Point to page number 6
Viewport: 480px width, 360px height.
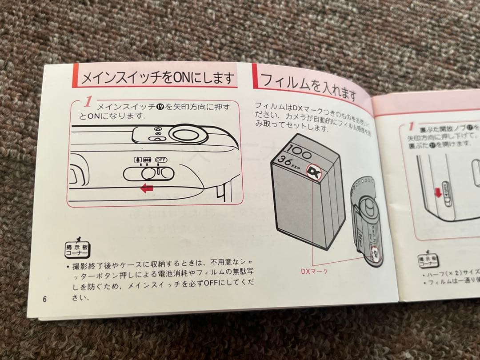pos(45,298)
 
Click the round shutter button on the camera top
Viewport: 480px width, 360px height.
pos(185,133)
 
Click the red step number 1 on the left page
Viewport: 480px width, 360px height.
pos(88,102)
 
